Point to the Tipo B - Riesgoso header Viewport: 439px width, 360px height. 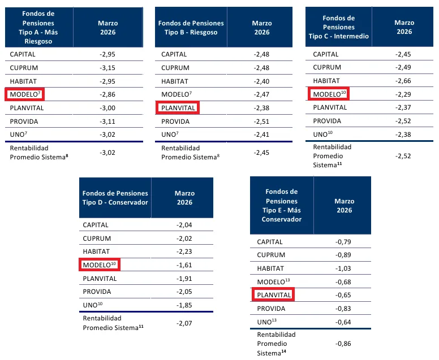pyautogui.click(x=191, y=28)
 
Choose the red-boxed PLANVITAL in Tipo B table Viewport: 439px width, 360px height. pyautogui.click(x=178, y=108)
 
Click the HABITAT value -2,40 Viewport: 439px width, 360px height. pyautogui.click(x=262, y=81)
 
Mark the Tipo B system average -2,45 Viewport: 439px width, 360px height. pyautogui.click(x=262, y=153)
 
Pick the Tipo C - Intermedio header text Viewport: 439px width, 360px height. pyautogui.click(x=338, y=27)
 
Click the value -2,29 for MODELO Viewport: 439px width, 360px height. pyautogui.click(x=404, y=94)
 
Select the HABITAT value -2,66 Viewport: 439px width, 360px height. pyautogui.click(x=404, y=81)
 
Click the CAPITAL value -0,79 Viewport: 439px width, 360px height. pyautogui.click(x=343, y=242)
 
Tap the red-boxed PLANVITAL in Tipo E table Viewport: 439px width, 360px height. pyautogui.click(x=273, y=296)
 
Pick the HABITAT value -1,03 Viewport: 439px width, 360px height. pyautogui.click(x=343, y=269)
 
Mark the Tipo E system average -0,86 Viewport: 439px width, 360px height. pyautogui.click(x=343, y=343)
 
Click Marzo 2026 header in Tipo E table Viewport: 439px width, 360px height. pyautogui.click(x=343, y=206)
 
